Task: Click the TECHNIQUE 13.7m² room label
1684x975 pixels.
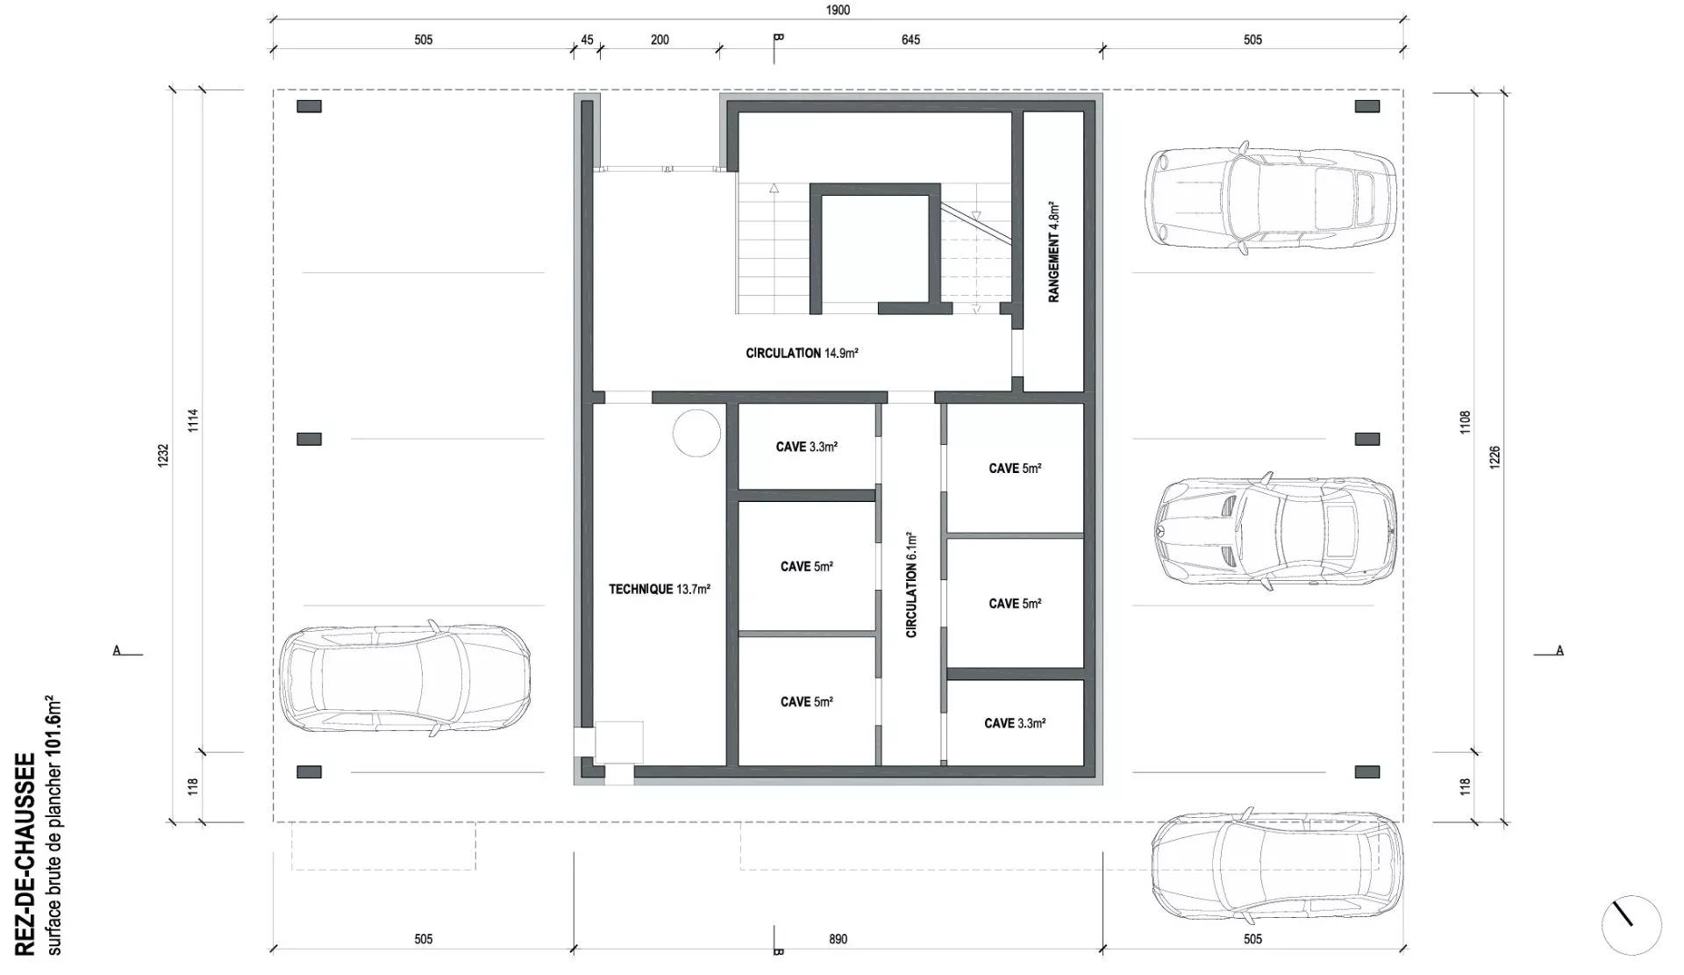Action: click(660, 590)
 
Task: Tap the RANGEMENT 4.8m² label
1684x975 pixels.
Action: click(1054, 252)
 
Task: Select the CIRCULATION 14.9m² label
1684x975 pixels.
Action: click(802, 354)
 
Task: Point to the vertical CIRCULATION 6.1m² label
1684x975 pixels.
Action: click(911, 584)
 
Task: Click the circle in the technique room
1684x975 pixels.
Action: click(697, 433)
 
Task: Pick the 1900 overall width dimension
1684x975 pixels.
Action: click(838, 11)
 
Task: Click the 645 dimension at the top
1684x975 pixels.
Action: click(910, 39)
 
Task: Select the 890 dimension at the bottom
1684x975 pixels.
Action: click(838, 939)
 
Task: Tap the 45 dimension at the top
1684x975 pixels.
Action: click(587, 39)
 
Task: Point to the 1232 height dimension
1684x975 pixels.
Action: click(163, 455)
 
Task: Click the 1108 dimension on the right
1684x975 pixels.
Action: click(1465, 423)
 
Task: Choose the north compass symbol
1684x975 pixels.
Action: click(1631, 925)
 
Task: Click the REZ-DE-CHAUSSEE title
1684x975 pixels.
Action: click(25, 854)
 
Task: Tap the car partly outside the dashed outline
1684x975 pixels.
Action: click(1276, 868)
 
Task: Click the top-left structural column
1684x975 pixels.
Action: click(309, 106)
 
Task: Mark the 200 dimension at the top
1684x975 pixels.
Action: click(660, 39)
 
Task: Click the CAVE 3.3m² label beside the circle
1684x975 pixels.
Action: click(806, 448)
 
